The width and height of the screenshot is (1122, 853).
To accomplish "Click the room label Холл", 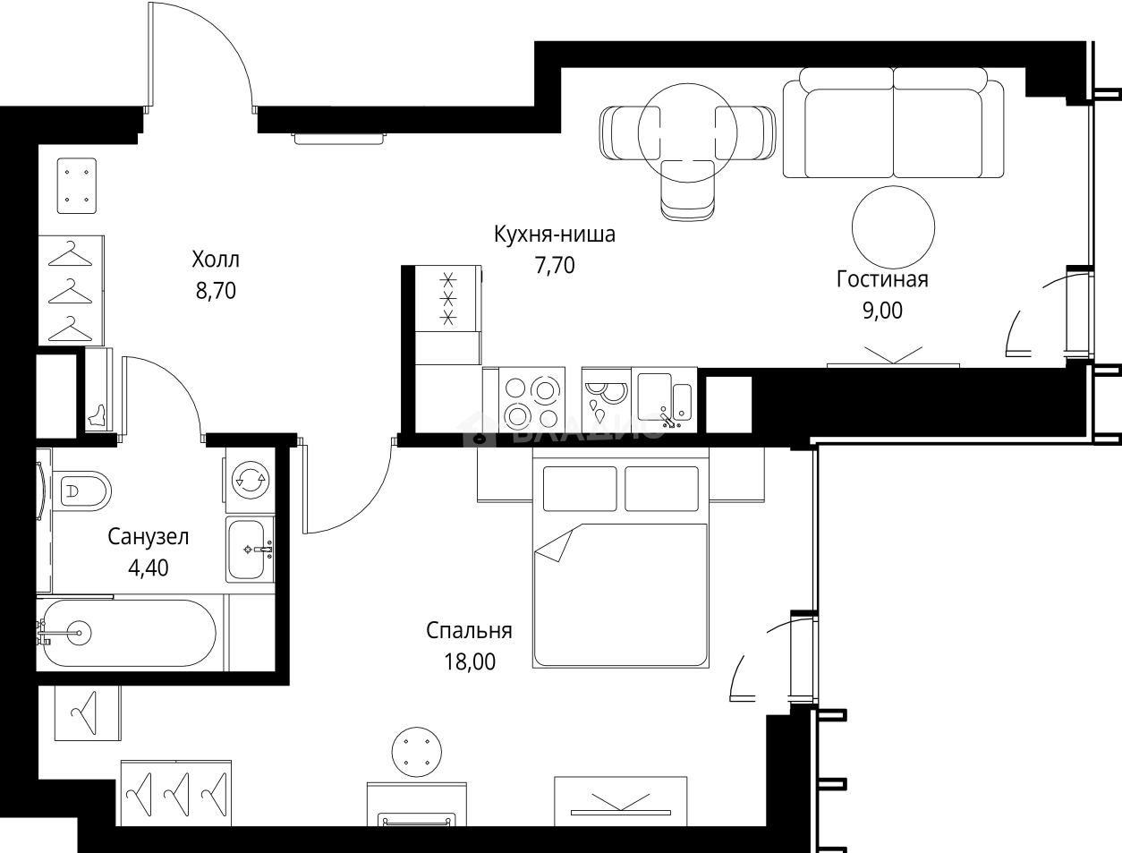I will (215, 260).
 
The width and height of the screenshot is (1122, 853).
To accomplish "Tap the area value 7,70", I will (554, 266).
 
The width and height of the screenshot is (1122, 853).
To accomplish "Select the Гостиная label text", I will (881, 279).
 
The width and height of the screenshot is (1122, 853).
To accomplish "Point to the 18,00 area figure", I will (469, 662).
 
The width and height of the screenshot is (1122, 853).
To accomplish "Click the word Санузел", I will (148, 537).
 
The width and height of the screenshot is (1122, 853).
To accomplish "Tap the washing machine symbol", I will (249, 480).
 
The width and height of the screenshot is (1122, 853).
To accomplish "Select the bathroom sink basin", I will (249, 549).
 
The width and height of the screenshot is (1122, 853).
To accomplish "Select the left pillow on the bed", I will (579, 489).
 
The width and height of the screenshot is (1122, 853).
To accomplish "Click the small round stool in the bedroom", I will (417, 752).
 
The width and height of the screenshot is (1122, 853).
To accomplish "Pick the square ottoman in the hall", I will (77, 186).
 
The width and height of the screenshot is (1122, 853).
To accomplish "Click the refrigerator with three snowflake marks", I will (448, 299).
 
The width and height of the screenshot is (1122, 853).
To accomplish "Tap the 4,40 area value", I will (148, 567).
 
